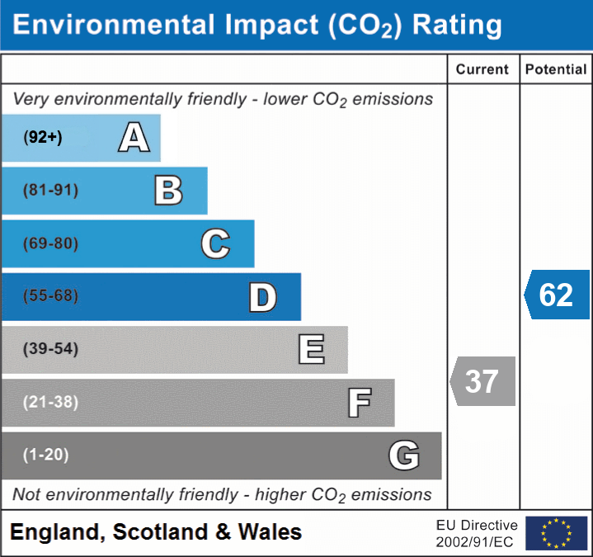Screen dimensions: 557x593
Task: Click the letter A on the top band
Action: point(134,138)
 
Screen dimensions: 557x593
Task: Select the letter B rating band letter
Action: point(169,191)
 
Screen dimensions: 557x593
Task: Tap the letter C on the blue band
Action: point(215,243)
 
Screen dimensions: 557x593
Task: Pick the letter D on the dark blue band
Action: point(262,297)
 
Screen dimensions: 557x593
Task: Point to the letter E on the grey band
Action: point(311,349)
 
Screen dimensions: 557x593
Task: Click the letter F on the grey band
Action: point(359,403)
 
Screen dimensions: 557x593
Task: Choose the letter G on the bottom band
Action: point(404,456)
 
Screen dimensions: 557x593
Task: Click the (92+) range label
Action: point(43,138)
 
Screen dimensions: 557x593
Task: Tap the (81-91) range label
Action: point(51,191)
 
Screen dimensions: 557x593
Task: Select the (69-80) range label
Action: point(51,243)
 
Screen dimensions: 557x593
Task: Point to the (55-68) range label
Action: point(51,296)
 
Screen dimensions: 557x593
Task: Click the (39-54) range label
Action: point(51,349)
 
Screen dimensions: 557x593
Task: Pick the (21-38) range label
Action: point(51,402)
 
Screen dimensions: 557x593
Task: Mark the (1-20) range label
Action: point(46,455)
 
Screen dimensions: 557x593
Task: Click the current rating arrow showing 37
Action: point(482,381)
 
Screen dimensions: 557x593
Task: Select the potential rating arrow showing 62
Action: point(557,295)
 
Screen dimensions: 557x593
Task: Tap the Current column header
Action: point(482,70)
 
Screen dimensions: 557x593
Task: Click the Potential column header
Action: point(556,70)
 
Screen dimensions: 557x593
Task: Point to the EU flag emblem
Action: point(556,533)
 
